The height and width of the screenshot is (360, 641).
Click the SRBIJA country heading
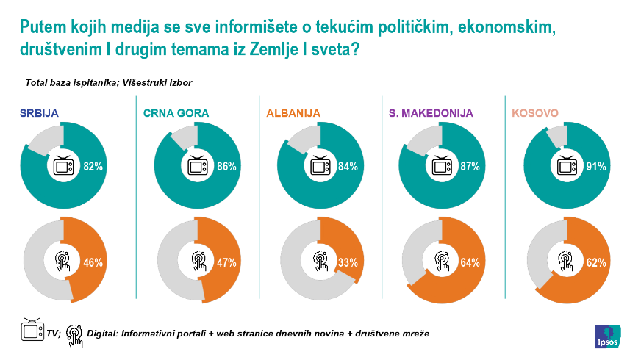tap(39, 113)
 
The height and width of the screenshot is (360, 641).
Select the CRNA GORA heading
tap(176, 113)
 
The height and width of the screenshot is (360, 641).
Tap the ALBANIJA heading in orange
tap(294, 113)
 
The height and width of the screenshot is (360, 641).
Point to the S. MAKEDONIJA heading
tap(430, 113)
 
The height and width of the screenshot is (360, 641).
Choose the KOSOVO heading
tap(534, 113)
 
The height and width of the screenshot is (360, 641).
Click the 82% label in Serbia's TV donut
tap(93, 167)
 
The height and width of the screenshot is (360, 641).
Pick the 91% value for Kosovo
tap(596, 167)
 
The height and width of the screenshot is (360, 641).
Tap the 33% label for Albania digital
tap(348, 262)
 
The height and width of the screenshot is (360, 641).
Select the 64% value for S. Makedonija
tap(470, 262)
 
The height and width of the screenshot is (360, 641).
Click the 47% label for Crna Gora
tap(226, 262)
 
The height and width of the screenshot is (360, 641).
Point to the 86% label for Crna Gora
tap(226, 167)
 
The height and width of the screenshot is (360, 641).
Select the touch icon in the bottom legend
tap(75, 332)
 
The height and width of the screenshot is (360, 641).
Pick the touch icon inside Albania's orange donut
tap(322, 261)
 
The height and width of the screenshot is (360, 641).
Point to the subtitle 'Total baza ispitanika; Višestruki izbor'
tap(108, 83)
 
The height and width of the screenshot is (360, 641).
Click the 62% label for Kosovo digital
tap(596, 262)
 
